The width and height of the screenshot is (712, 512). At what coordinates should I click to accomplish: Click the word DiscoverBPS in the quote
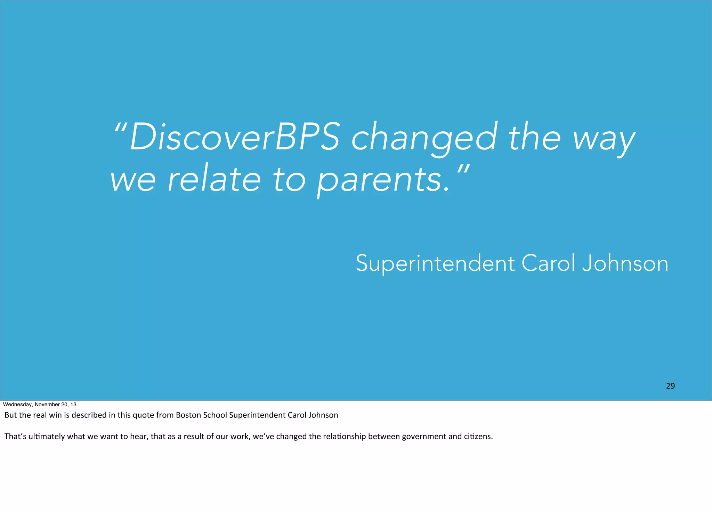click(x=235, y=137)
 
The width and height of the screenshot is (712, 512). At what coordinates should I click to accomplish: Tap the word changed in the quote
click(x=424, y=137)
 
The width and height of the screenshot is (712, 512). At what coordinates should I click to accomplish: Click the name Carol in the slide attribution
click(x=548, y=263)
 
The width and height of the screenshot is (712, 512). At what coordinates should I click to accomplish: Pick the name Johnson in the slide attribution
click(x=625, y=263)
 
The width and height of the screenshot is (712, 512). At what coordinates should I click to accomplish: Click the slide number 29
click(x=670, y=386)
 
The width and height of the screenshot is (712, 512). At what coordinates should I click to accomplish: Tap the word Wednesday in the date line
click(x=17, y=405)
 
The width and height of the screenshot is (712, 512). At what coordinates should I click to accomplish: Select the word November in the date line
click(x=47, y=405)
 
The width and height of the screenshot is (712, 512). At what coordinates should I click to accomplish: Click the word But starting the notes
click(x=10, y=415)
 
